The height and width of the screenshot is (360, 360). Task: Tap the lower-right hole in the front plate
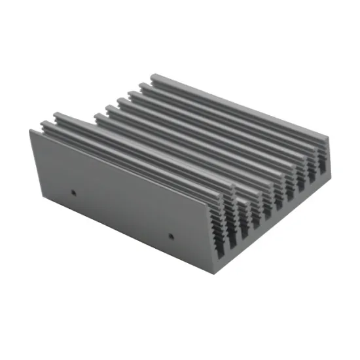coord(171,235)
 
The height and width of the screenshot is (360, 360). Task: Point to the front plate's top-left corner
coord(30,130)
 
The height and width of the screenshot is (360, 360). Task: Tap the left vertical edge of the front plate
coord(31,168)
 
